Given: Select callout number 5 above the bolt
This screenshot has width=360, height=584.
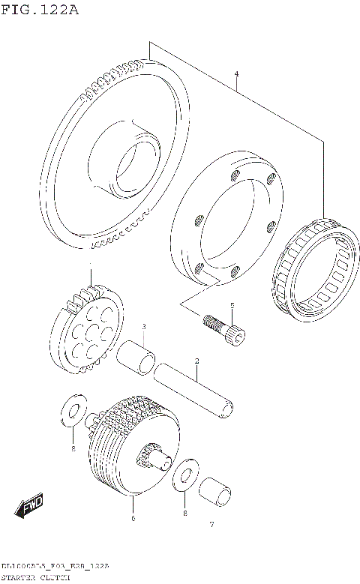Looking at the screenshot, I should point(232,304).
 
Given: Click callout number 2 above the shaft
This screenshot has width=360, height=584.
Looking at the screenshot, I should point(196,361).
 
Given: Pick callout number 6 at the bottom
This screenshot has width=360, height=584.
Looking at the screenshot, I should point(133,517).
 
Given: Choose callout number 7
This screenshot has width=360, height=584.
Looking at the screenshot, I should point(211,524).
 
